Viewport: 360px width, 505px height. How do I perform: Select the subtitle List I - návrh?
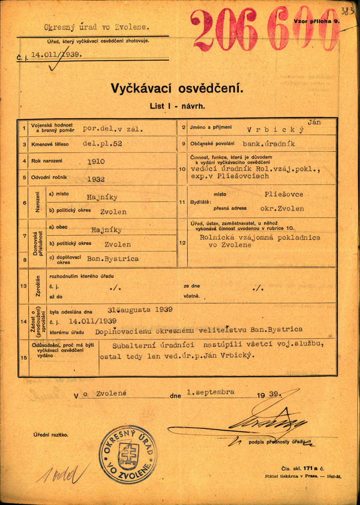(x=177, y=106)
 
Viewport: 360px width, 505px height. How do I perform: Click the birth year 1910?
(x=96, y=161)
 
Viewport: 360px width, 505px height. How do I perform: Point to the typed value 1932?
(x=96, y=178)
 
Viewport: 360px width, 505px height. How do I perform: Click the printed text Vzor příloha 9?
(x=317, y=21)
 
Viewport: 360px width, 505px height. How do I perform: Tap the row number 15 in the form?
(x=23, y=358)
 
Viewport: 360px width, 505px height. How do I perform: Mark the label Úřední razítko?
(x=51, y=434)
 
